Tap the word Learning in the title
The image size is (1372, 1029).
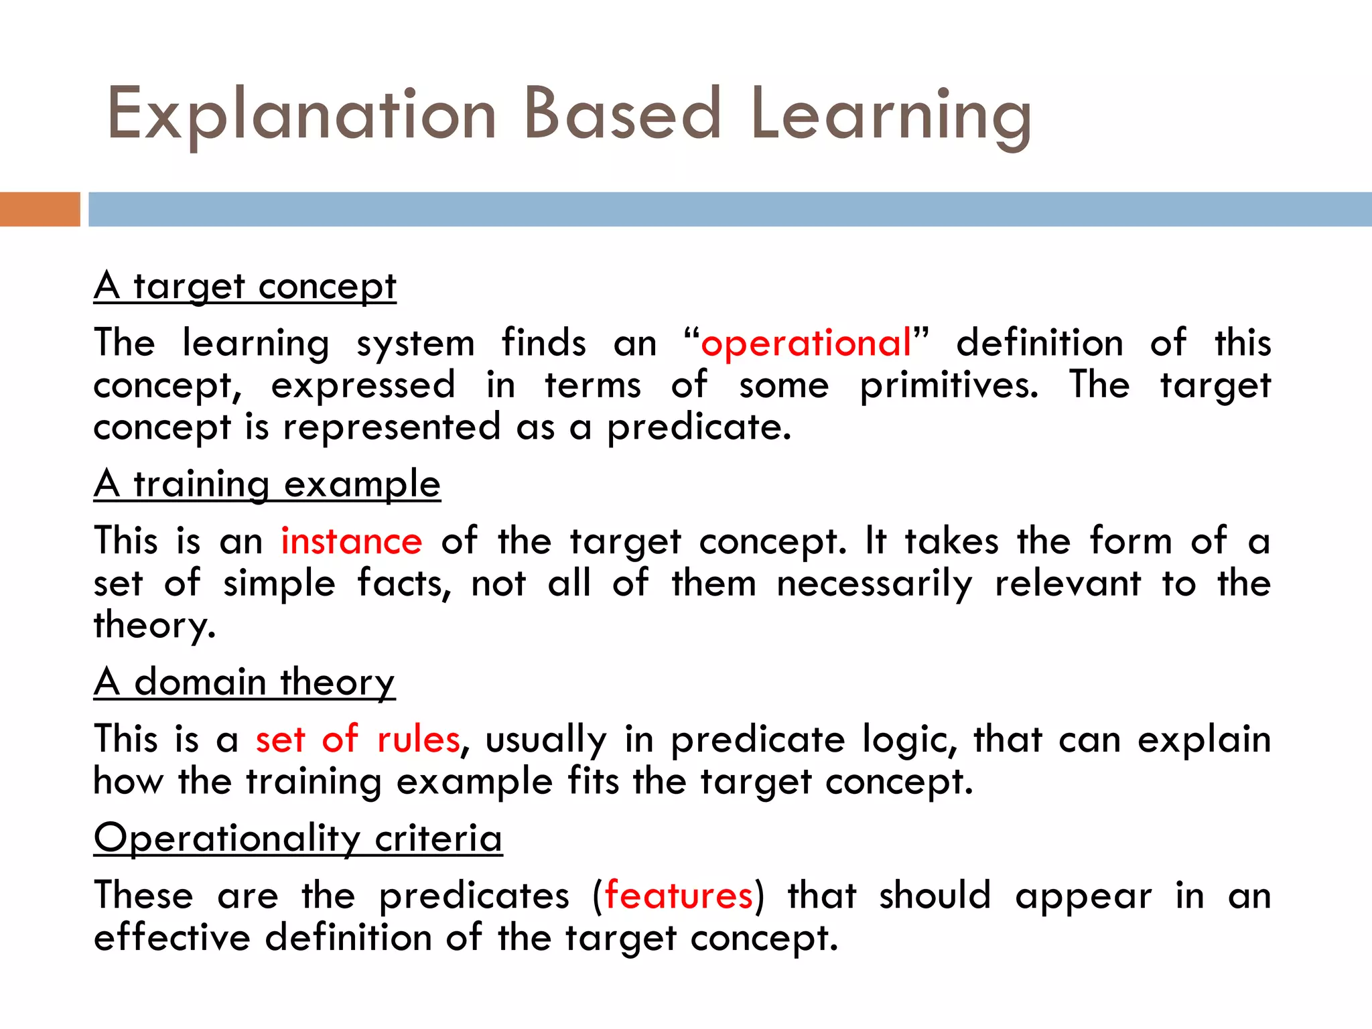890,115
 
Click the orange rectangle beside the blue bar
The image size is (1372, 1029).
40,209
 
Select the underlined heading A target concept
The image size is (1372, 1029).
245,287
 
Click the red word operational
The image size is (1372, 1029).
806,344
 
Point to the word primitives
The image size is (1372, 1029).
949,386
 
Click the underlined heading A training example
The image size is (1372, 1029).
267,484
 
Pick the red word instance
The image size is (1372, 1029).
351,541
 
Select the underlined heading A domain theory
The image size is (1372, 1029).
245,683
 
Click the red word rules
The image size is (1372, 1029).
419,740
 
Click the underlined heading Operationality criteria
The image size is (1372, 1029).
298,838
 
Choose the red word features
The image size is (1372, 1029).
679,896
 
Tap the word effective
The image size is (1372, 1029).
171,937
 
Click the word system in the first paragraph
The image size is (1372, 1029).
415,344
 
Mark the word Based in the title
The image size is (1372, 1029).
622,115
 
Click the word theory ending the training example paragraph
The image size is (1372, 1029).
154,626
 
